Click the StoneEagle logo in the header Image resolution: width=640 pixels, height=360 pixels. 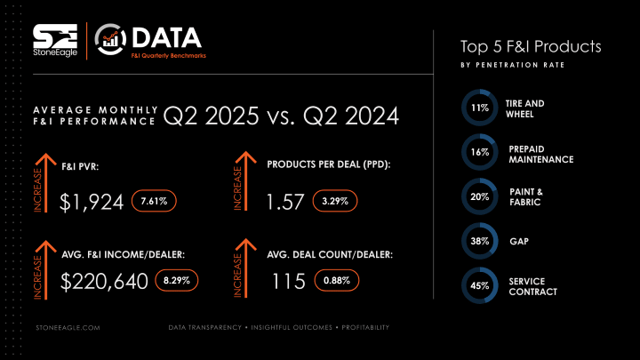pyautogui.click(x=55, y=40)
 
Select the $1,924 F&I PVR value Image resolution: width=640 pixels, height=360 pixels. pyautogui.click(x=92, y=202)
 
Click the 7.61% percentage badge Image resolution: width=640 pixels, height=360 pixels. pyautogui.click(x=155, y=201)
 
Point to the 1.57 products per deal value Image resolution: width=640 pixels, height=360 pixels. pyautogui.click(x=286, y=202)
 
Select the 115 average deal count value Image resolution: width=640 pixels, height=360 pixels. pyautogui.click(x=289, y=281)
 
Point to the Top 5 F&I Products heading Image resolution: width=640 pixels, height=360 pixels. pyautogui.click(x=531, y=45)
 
